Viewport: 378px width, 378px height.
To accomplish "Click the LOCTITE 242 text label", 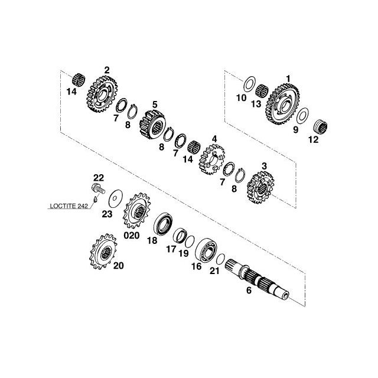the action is coord(69,206).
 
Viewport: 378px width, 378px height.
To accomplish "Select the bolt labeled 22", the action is coord(99,188).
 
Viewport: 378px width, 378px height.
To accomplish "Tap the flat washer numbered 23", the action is coord(116,198).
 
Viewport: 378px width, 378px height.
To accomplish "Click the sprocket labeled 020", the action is coord(136,211).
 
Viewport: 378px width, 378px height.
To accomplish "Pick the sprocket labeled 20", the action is coord(103,251).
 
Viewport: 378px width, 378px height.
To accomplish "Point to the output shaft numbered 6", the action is coord(257,279).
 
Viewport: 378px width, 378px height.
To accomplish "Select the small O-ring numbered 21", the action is coord(220,259).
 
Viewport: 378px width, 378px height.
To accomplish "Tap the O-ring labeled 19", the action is coord(190,242).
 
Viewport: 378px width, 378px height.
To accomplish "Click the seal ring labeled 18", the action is coord(163,223).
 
